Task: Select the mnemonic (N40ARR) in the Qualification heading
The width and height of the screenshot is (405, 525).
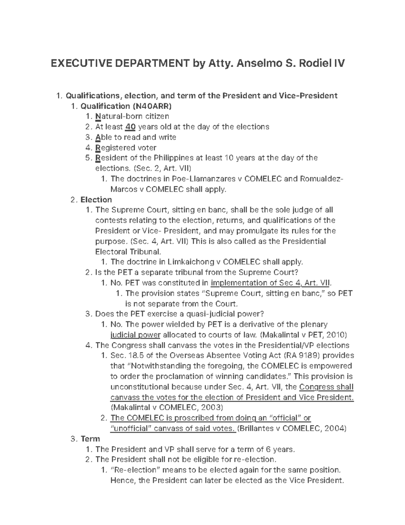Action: [x=152, y=106]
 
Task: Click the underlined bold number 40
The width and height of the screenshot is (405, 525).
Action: [x=130, y=127]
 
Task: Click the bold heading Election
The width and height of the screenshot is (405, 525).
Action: [x=96, y=199]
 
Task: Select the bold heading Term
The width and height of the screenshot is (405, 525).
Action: [x=90, y=439]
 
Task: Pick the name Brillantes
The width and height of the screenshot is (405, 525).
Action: [x=258, y=429]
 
